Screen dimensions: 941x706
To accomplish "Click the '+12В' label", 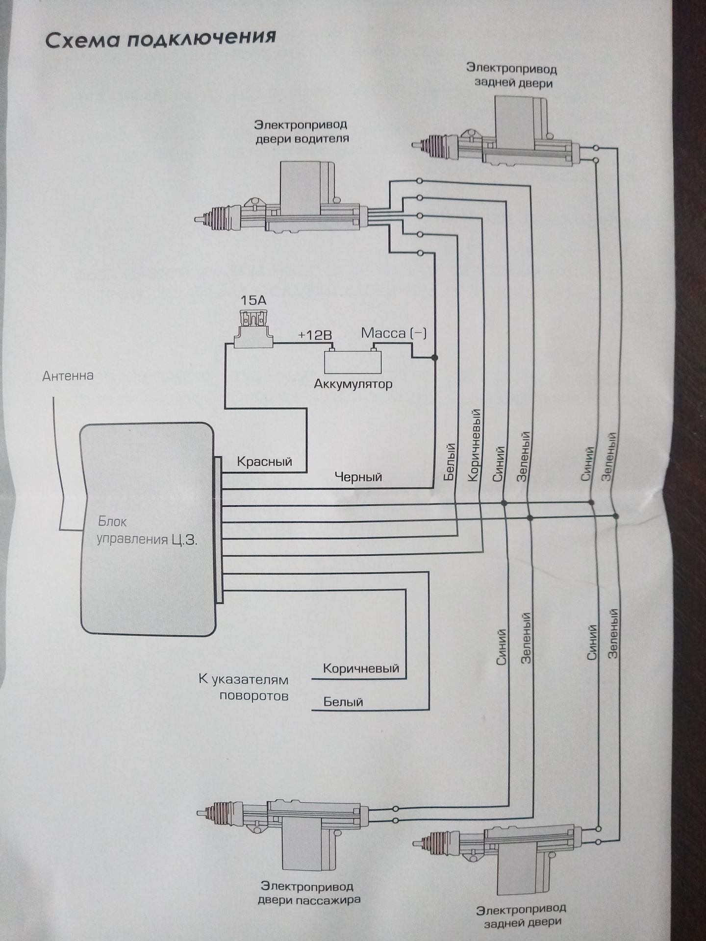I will pos(315,335).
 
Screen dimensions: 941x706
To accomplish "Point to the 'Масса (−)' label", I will pos(394,333).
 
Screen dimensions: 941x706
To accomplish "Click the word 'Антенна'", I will pos(68,376).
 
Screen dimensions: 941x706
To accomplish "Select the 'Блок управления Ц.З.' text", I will pos(147,531).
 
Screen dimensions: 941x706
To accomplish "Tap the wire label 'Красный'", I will pos(264,462).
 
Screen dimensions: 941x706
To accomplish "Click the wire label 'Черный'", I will pos(358,477).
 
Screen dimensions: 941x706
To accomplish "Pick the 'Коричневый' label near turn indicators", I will pos(361,669).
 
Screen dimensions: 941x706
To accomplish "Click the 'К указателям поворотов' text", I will pos(244,688).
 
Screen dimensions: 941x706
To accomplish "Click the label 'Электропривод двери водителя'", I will pos(302,132).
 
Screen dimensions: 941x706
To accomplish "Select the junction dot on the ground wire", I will pos(434,358).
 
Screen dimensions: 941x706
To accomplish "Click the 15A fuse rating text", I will pos(253,300).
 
